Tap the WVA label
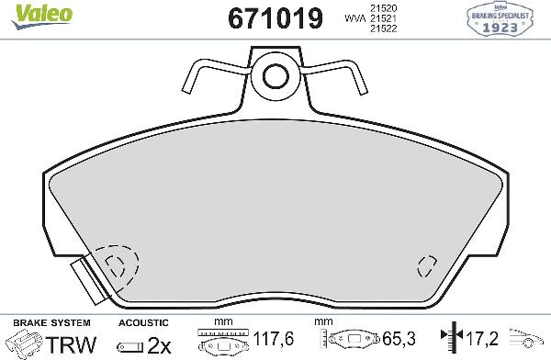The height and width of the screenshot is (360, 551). click(352, 18)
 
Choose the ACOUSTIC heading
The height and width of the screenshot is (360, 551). click(144, 323)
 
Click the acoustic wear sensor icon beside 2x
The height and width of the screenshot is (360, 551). click(130, 345)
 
